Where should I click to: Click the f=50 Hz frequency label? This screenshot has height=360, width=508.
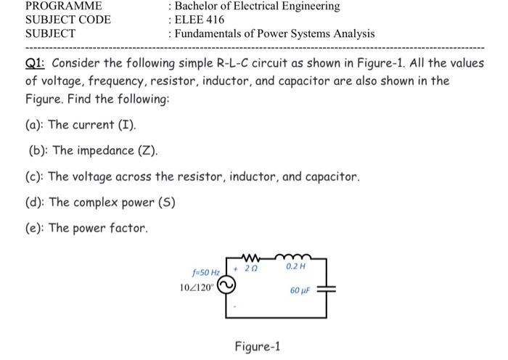[205, 274]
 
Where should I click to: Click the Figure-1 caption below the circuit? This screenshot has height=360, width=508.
[257, 346]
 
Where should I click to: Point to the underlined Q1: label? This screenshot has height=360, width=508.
[36, 62]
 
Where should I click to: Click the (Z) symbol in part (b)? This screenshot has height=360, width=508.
[147, 150]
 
